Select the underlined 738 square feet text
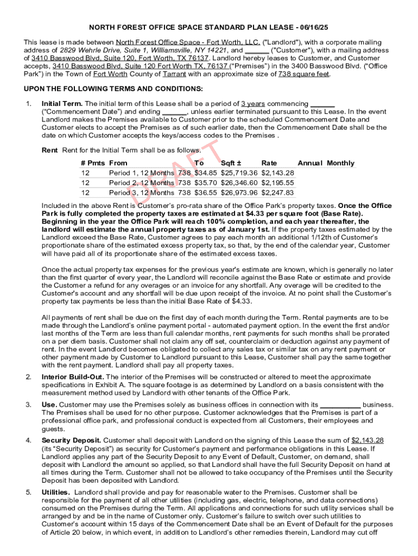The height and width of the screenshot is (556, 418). tap(303, 74)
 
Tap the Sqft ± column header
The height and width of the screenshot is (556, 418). tap(231, 163)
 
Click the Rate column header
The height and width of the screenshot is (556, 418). tap(269, 163)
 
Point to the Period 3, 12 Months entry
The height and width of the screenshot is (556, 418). tap(142, 192)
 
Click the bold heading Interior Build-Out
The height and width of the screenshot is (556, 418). tap(73, 377)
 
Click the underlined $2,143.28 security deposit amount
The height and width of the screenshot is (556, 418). tap(368, 440)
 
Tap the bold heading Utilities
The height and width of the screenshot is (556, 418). tap(55, 492)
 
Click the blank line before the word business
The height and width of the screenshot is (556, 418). tap(340, 405)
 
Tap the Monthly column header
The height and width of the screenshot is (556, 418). tap(340, 163)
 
